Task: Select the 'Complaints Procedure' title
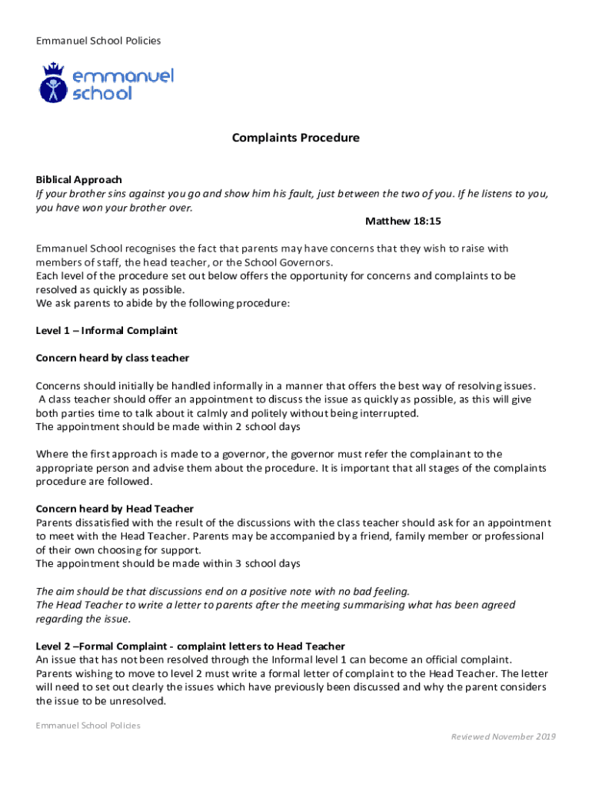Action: coord(296,139)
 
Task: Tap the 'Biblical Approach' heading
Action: coord(79,180)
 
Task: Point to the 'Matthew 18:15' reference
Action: coord(403,222)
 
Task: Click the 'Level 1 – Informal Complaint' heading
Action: coord(107,331)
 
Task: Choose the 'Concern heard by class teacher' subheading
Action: coord(112,359)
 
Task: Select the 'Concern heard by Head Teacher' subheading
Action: coord(115,509)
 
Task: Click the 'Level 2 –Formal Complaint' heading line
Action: coord(191,646)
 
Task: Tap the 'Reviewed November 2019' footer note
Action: coord(503,737)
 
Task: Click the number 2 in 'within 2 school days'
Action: coord(238,427)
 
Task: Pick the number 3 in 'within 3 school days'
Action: coord(238,564)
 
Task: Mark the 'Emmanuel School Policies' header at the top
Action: coord(98,41)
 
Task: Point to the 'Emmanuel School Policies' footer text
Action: coord(88,726)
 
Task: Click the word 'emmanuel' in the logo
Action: coord(123,76)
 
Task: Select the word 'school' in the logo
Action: coord(102,94)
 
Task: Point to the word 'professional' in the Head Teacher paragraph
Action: coord(512,536)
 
